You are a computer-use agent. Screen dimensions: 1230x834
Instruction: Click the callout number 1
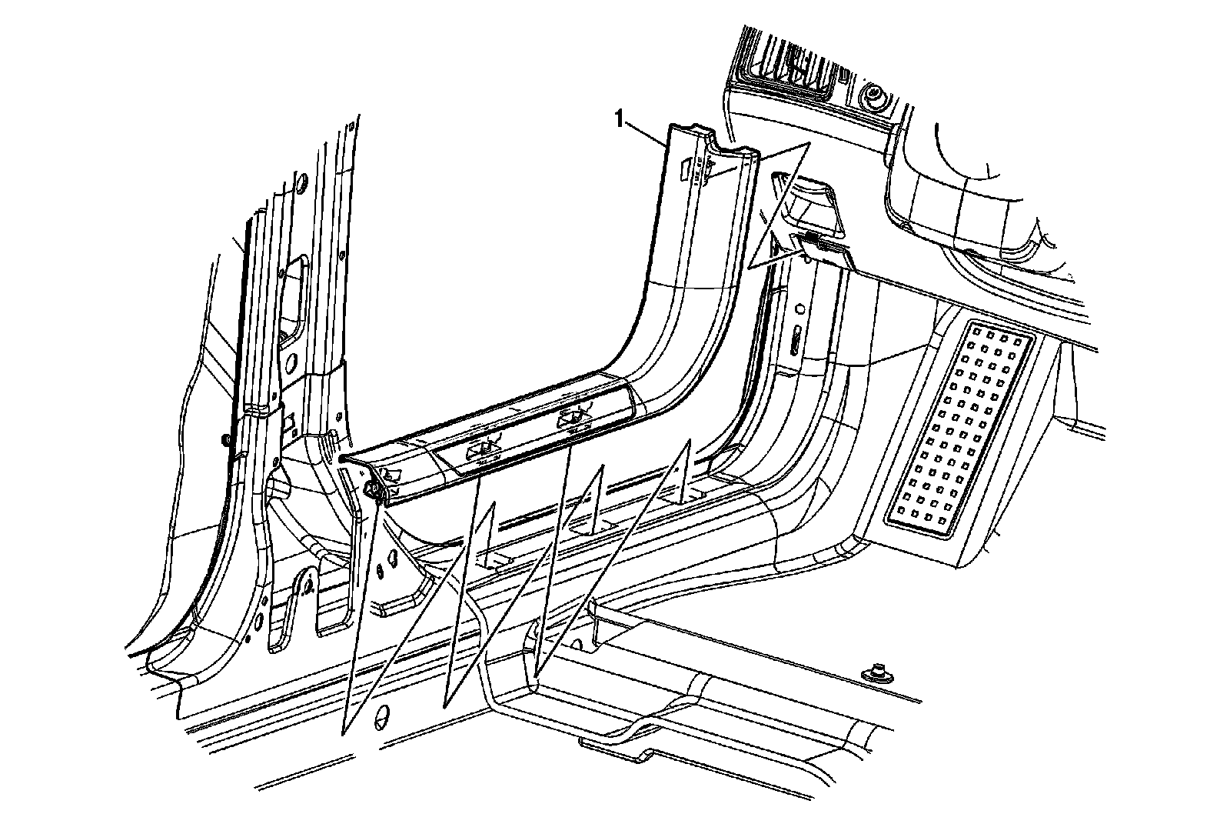(x=617, y=118)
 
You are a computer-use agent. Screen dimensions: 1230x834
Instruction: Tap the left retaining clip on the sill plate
(x=482, y=451)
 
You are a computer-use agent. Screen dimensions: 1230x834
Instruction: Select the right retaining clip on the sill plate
(x=572, y=419)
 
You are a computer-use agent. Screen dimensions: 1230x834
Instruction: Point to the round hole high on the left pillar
(x=302, y=183)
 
